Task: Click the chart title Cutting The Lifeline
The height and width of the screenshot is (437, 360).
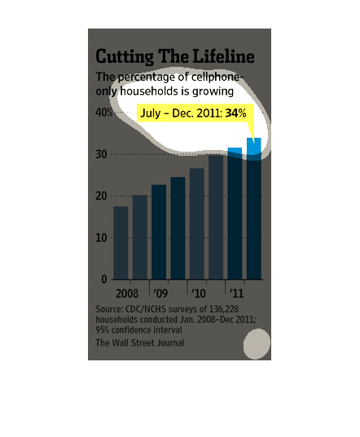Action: (175, 56)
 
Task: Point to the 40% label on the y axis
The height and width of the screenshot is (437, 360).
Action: (104, 113)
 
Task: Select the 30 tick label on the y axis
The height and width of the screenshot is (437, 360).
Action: (101, 154)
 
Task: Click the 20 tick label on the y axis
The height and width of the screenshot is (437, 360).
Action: (101, 196)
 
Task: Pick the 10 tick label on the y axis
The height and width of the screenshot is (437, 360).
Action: (101, 238)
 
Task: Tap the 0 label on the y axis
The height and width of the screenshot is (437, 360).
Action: (104, 280)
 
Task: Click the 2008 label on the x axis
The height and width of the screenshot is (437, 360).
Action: (127, 294)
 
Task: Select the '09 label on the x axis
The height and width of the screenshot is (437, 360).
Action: (160, 294)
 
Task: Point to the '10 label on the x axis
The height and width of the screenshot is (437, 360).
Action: (199, 294)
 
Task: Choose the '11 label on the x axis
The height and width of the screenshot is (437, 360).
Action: (236, 294)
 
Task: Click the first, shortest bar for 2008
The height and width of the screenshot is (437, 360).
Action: (121, 243)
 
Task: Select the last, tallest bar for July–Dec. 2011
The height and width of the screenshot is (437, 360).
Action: (254, 209)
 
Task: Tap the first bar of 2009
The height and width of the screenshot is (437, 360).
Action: (159, 232)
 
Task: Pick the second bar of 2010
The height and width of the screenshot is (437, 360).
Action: (216, 217)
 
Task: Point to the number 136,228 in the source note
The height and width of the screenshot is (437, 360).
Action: (224, 309)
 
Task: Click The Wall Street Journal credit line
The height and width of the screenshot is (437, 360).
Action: (140, 342)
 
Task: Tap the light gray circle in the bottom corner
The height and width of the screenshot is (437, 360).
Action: (257, 344)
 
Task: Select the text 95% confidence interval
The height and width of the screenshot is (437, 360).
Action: (138, 330)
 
